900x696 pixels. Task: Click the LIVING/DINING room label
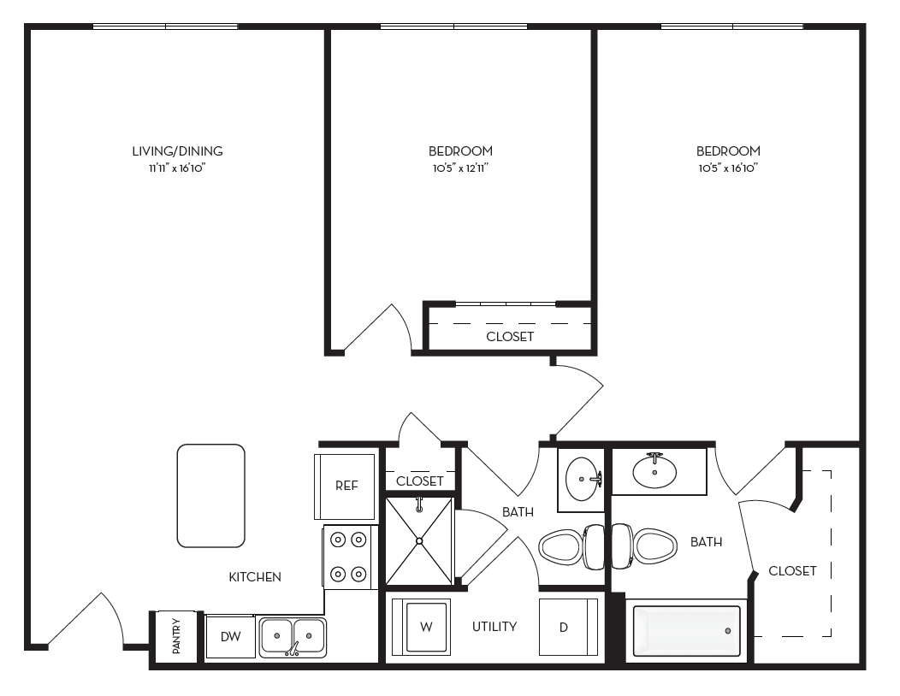coord(177,151)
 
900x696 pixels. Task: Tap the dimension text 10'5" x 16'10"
coord(728,168)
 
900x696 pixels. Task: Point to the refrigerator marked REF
coord(346,486)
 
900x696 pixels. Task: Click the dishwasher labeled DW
coord(230,636)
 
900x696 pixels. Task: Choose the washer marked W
coord(425,627)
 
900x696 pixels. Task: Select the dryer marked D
coord(564,628)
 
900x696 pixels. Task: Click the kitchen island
coord(210,495)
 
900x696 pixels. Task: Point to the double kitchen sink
coord(293,637)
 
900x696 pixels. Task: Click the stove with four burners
coord(349,557)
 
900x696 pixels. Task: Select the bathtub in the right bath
coord(686,631)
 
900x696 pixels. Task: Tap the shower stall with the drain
coord(419,540)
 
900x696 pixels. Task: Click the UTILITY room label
coord(494,627)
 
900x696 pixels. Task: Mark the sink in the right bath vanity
coord(654,471)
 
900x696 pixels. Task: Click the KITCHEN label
coord(255,577)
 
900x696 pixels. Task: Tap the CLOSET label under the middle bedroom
coord(510,337)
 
